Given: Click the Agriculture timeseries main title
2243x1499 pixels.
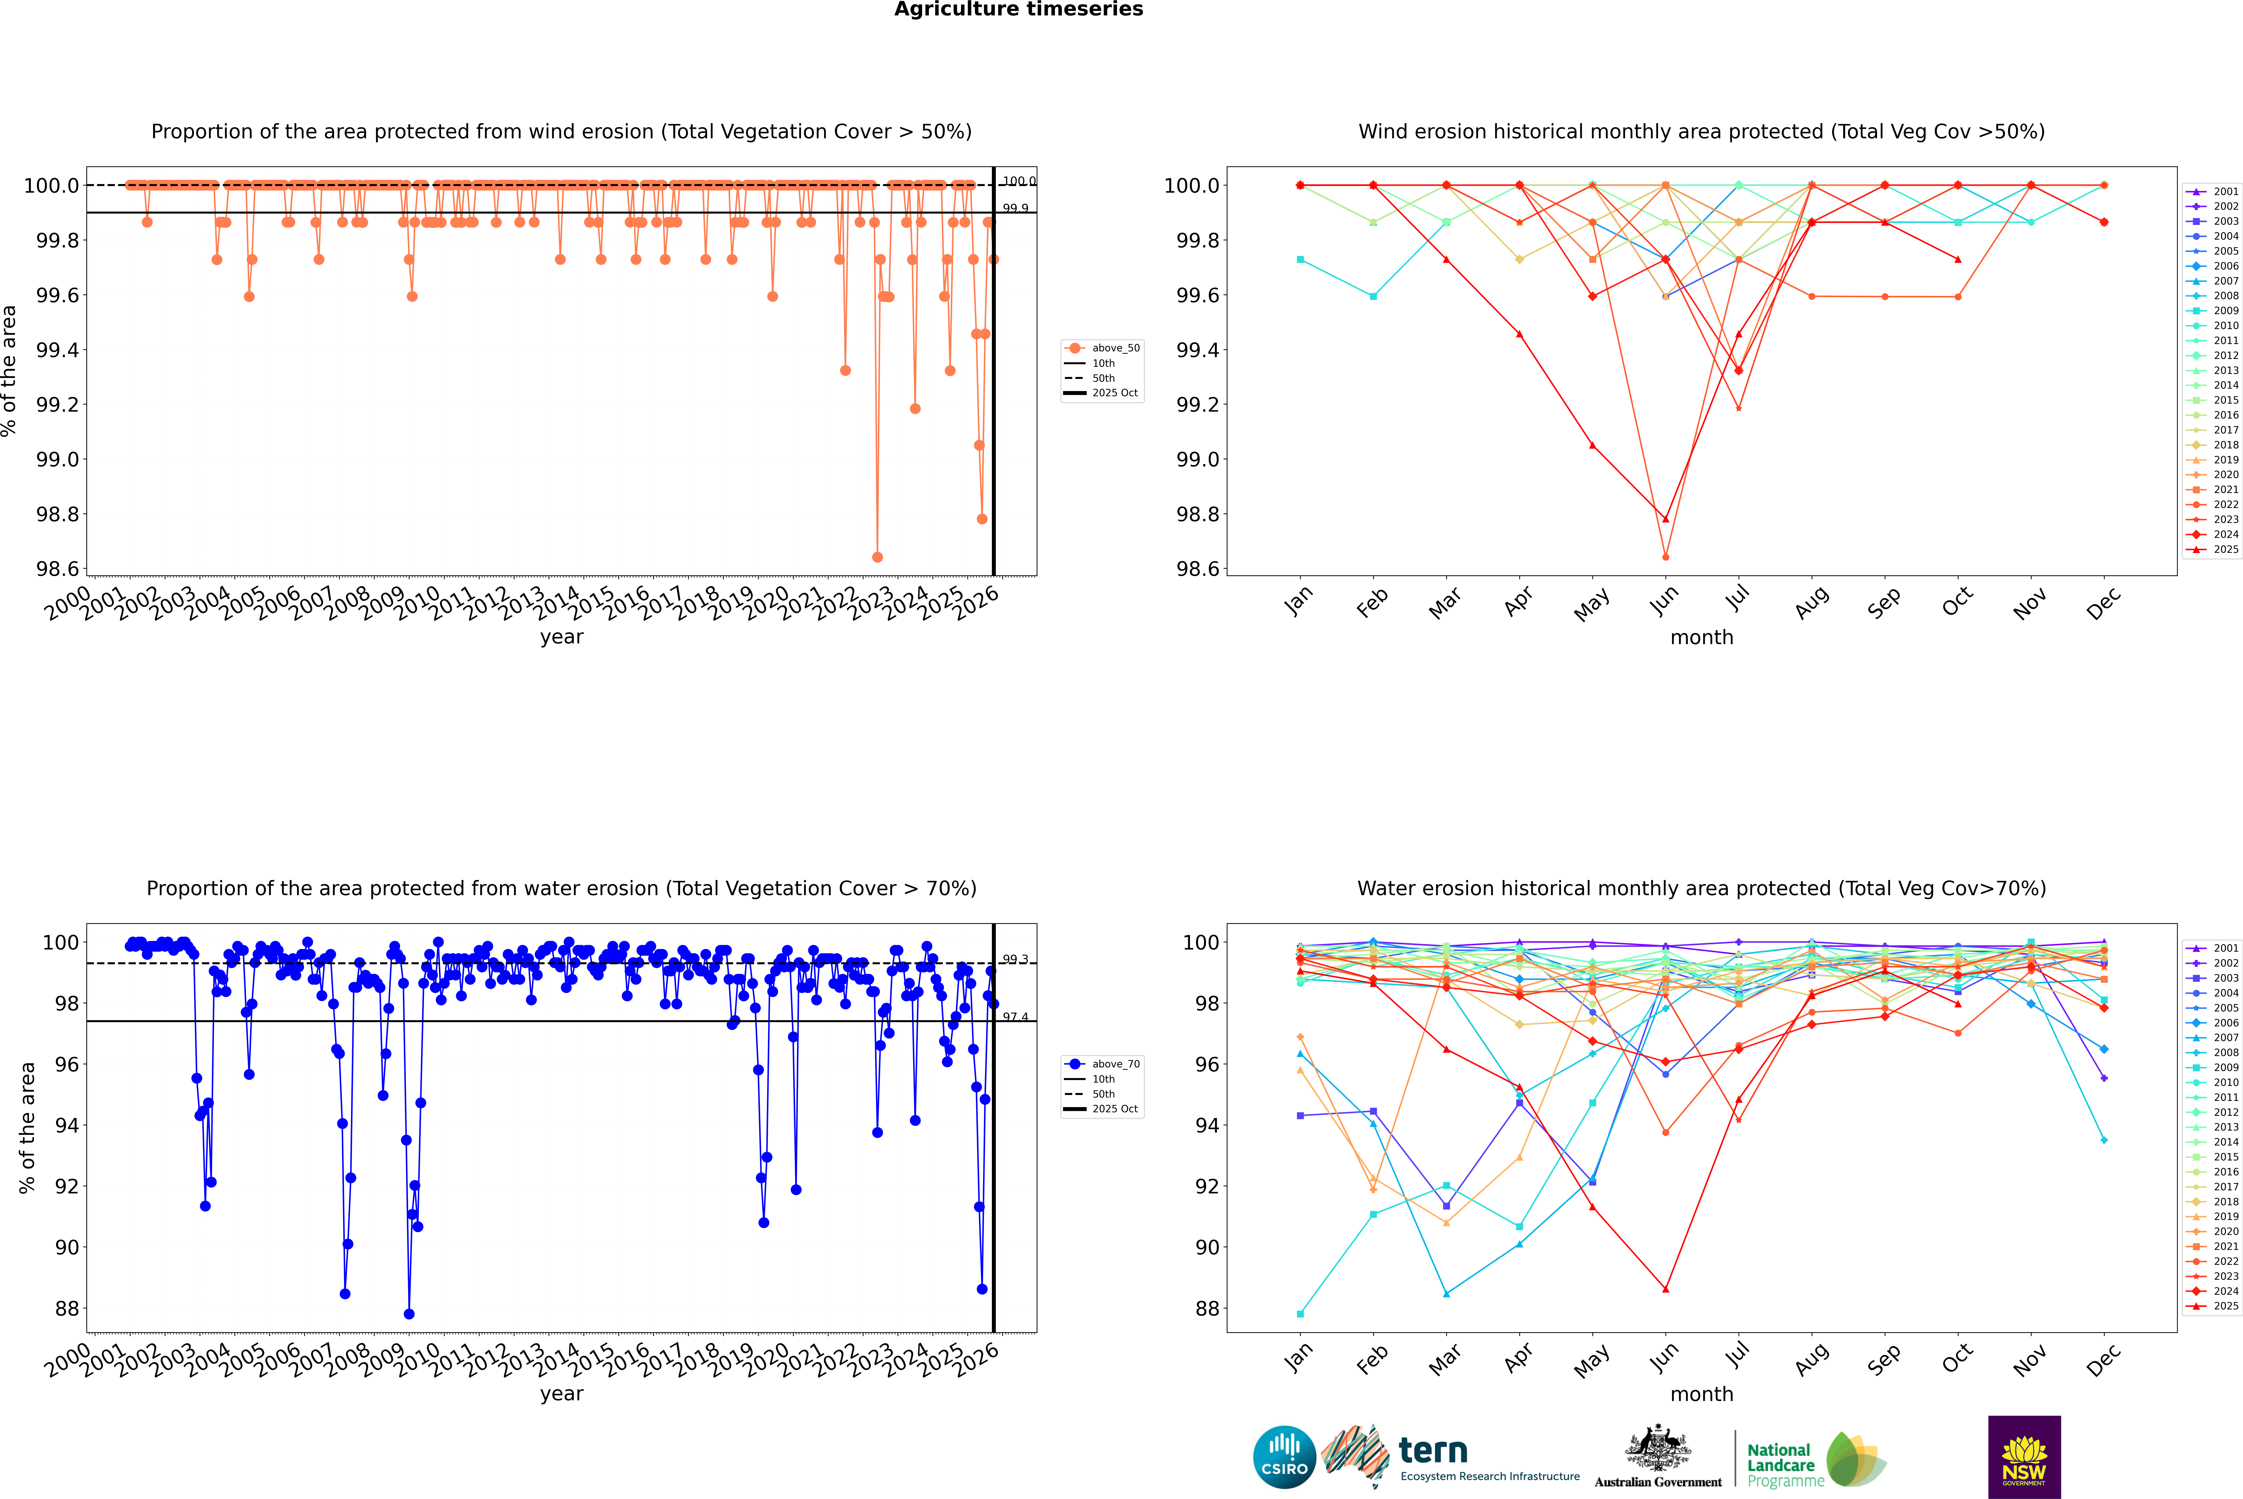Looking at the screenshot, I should pyautogui.click(x=1018, y=9).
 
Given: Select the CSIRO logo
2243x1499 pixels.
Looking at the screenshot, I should pyautogui.click(x=1284, y=1457).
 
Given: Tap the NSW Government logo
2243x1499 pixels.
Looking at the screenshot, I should pyautogui.click(x=2024, y=1457).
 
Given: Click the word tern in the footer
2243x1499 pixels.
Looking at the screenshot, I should pyautogui.click(x=1432, y=1450).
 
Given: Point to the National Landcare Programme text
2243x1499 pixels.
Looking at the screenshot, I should pyautogui.click(x=1780, y=1465).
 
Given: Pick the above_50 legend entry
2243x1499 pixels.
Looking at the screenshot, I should pyautogui.click(x=1115, y=348).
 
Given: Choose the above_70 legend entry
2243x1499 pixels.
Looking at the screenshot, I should pyautogui.click(x=1115, y=1064).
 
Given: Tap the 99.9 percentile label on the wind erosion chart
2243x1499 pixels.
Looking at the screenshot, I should pyautogui.click(x=1015, y=208).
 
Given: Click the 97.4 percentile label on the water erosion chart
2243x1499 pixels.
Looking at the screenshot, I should pyautogui.click(x=1015, y=1017).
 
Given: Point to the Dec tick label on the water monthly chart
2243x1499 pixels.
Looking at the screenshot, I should pyautogui.click(x=2103, y=1359).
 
